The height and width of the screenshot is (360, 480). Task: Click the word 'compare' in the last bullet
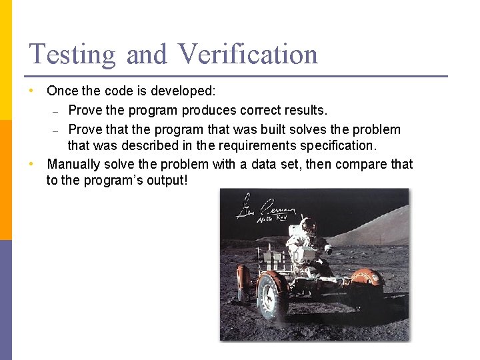tap(363, 164)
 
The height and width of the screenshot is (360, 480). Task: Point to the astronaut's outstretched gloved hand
tap(328, 249)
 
